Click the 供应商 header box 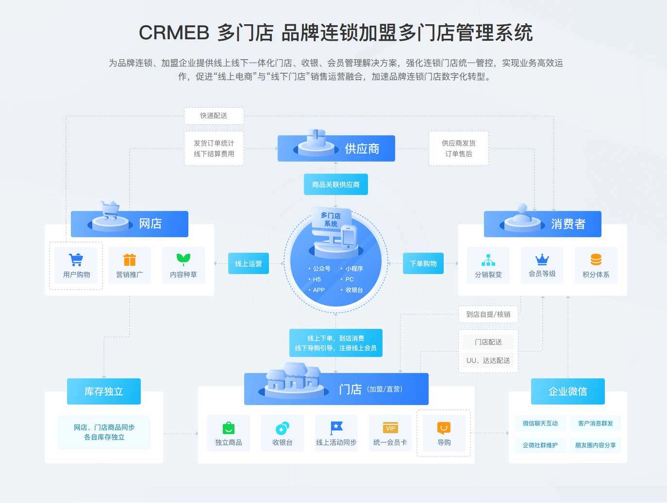(336, 148)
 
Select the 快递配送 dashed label (214, 115)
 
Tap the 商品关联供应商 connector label (335, 184)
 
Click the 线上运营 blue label (248, 263)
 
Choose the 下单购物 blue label (423, 263)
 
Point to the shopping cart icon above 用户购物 (76, 260)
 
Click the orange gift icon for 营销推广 (130, 260)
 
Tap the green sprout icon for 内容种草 (183, 259)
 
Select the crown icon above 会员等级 (542, 259)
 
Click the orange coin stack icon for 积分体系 (596, 260)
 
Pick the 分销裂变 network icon (488, 260)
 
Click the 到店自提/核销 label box (488, 314)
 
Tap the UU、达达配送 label (488, 360)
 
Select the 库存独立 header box (103, 391)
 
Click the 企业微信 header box (567, 391)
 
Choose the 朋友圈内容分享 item (595, 445)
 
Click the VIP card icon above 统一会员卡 (390, 428)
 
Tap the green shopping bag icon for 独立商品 (228, 428)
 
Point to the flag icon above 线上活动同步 (336, 427)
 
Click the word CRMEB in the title (174, 33)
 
